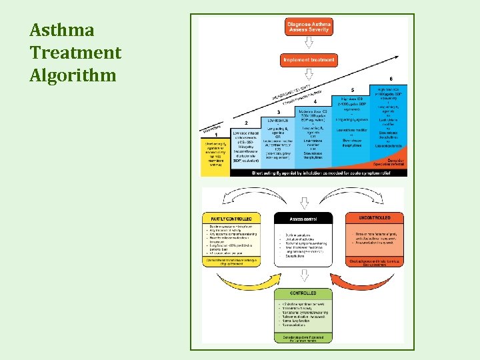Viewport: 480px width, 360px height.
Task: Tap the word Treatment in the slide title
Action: click(x=75, y=52)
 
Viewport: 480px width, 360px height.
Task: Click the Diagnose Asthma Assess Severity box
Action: click(x=309, y=27)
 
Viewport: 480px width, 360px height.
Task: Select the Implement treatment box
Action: click(x=309, y=60)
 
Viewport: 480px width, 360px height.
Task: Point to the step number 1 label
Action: click(x=216, y=134)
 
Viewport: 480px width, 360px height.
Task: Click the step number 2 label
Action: click(x=246, y=123)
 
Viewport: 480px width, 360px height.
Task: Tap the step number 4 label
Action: click(x=314, y=101)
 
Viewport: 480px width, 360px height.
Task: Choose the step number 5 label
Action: click(x=352, y=90)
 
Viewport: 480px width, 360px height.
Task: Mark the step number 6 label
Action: click(x=390, y=78)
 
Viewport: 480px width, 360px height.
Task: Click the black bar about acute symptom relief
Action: click(x=319, y=173)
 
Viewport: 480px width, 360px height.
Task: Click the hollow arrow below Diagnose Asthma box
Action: click(x=309, y=43)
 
